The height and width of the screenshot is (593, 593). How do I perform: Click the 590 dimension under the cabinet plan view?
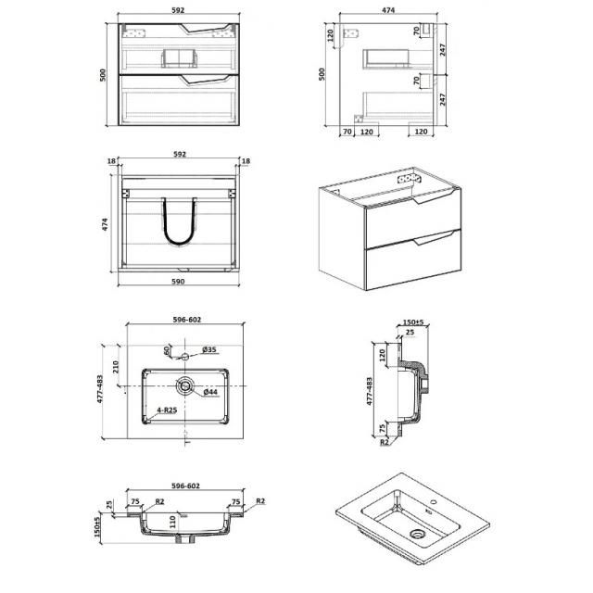(x=178, y=282)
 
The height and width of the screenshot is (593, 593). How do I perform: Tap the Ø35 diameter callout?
(x=209, y=349)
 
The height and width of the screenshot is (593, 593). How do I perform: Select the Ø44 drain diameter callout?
(x=210, y=392)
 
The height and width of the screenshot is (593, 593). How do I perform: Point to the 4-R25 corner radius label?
(x=167, y=410)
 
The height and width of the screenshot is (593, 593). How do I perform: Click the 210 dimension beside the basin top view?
(x=116, y=367)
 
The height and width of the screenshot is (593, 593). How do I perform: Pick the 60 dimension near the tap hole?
(x=167, y=350)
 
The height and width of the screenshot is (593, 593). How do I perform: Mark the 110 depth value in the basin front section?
(x=172, y=522)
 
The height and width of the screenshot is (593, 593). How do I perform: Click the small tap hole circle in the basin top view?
(x=185, y=356)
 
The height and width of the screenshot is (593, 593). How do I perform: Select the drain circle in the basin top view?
(x=185, y=385)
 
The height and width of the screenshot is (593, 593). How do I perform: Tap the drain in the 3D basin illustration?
(x=418, y=534)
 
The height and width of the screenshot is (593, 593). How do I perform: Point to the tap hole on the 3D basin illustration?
(x=434, y=503)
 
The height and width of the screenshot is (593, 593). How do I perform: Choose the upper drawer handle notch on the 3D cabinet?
(x=432, y=197)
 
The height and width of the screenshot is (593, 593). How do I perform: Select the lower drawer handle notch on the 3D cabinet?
(x=432, y=239)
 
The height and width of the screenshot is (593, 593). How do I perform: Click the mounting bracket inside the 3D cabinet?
(x=409, y=179)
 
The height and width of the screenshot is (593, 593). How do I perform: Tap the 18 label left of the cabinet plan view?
(x=111, y=161)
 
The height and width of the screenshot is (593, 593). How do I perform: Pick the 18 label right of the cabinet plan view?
(x=246, y=161)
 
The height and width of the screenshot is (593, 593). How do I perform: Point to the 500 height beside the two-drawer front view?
(x=103, y=75)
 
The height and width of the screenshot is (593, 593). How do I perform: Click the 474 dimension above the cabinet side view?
(x=388, y=10)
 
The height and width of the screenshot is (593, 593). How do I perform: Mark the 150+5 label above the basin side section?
(x=413, y=322)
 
